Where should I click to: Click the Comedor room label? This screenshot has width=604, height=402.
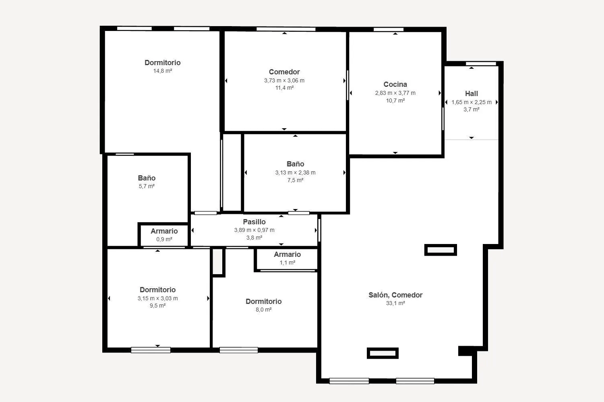[x=284, y=72]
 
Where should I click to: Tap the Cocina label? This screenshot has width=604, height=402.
[x=395, y=84]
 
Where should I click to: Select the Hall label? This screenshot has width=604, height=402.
[x=472, y=94]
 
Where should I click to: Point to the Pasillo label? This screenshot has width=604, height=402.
[x=254, y=222]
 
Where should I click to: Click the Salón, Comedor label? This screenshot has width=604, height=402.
[x=395, y=295]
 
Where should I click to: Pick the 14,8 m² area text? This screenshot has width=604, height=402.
[x=163, y=71]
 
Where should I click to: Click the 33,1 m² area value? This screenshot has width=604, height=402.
[x=395, y=303]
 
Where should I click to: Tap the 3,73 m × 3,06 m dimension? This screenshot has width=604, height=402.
[x=284, y=80]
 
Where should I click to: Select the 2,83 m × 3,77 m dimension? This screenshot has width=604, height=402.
[x=395, y=93]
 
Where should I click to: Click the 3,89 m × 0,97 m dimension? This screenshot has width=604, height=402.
[x=254, y=230]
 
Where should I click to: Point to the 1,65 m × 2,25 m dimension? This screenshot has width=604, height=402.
[x=472, y=103]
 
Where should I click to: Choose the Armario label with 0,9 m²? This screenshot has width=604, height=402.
[x=164, y=231]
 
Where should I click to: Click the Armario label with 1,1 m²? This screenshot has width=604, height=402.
[x=287, y=254]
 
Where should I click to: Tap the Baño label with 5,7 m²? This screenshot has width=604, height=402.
[x=147, y=178]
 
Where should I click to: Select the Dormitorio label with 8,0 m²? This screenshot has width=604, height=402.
[x=263, y=301]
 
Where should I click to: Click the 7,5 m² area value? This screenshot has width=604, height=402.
[x=295, y=180]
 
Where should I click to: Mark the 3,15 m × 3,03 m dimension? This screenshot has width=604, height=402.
[x=157, y=298]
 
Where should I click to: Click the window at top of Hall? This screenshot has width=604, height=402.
[x=481, y=64]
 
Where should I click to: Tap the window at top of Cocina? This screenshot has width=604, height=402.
[x=389, y=29]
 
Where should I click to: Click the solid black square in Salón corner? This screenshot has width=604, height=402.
[x=465, y=351]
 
